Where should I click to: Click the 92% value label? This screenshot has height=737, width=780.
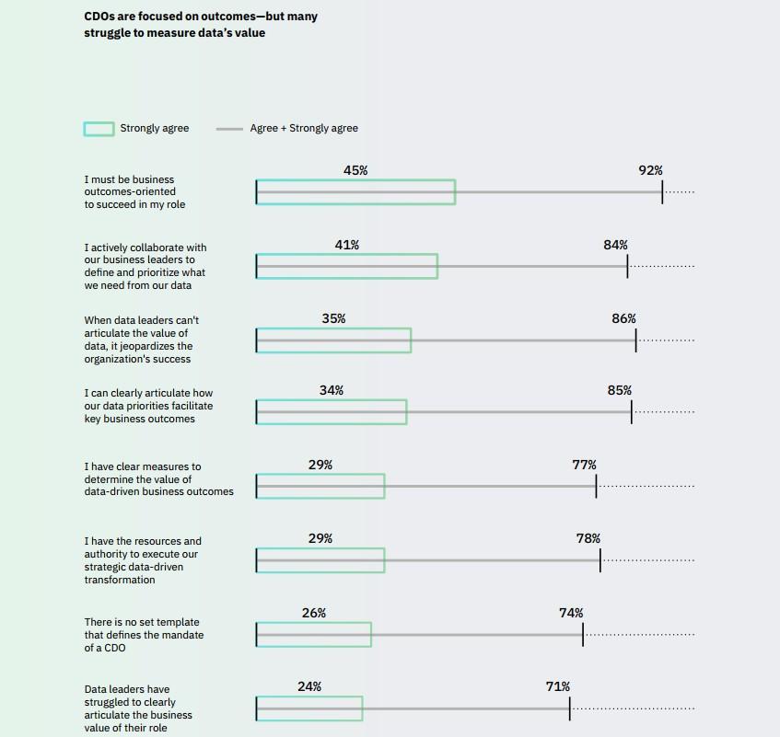point(650,170)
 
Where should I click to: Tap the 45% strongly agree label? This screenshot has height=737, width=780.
point(355,170)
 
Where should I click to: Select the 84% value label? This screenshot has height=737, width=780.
point(615,245)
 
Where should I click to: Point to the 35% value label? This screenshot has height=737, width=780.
point(333,318)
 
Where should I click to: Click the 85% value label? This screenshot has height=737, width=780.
point(620,390)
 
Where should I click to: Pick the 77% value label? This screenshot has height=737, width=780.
point(584,465)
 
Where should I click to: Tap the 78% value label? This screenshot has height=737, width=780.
point(588,538)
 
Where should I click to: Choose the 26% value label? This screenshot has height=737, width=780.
point(314,613)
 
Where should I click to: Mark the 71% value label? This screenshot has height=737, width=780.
point(557,686)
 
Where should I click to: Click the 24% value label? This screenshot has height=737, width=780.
point(309,686)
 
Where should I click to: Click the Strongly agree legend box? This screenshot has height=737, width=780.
point(99,129)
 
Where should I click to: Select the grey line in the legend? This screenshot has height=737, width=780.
point(229,129)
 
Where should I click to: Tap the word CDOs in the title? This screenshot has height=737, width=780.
point(101,17)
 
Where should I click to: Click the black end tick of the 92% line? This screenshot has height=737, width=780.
point(662,191)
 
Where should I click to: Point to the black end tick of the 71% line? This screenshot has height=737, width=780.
point(569,708)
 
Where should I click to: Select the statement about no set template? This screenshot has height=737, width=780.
point(144,635)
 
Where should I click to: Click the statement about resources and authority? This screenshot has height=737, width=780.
point(143,560)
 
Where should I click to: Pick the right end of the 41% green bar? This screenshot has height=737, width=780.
point(437,266)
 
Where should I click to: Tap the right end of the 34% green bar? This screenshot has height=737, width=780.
point(406,412)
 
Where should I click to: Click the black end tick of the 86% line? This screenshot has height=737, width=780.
point(635,340)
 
